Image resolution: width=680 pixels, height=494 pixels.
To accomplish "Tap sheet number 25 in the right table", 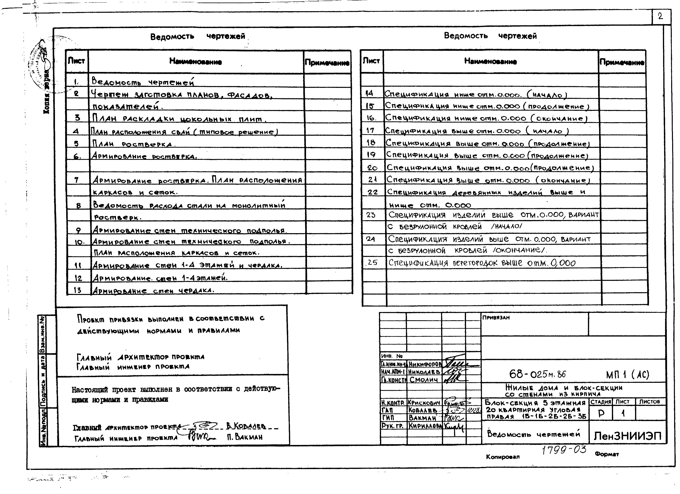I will click(372, 262).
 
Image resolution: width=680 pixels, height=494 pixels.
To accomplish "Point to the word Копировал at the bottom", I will click(503, 457).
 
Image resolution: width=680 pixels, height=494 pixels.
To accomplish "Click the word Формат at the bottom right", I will click(607, 454).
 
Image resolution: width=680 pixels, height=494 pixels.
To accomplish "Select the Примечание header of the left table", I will click(327, 63).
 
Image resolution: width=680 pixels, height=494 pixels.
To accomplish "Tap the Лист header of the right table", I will click(371, 61).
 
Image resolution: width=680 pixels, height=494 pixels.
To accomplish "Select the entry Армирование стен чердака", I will click(153, 290).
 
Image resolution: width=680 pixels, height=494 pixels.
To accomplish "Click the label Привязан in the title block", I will click(496, 318).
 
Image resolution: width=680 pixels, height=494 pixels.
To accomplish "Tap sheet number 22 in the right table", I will click(372, 192).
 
